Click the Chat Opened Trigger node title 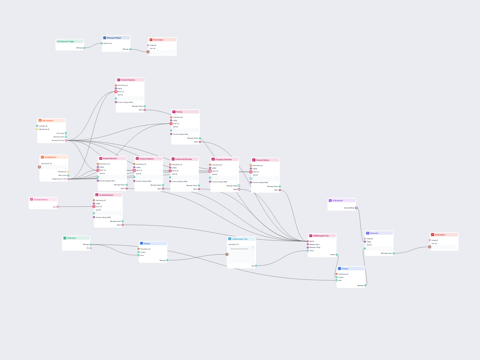pyautogui.click(x=66, y=41)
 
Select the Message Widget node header pyautogui.click(x=114, y=38)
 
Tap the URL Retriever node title pyautogui.click(x=48, y=121)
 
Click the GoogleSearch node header pyautogui.click(x=50, y=157)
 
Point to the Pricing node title pyautogui.click(x=179, y=112)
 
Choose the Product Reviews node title pyautogui.click(x=110, y=158)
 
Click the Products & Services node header pyautogui.click(x=184, y=159)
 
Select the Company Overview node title pyautogui.click(x=223, y=159)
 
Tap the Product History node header pyautogui.click(x=262, y=160)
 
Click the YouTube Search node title pyautogui.click(x=40, y=200)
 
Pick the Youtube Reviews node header pyautogui.click(x=106, y=195)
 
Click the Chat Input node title pyautogui.click(x=71, y=238)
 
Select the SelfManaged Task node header pyautogui.click(x=240, y=239)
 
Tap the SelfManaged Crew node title pyautogui.click(x=321, y=236)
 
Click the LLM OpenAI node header pyautogui.click(x=337, y=201)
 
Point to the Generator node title pyautogui.click(x=374, y=233)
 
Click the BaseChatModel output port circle pyautogui.click(x=356, y=208)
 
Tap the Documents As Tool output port pyautogui.click(x=66, y=141)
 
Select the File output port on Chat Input pyautogui.click(x=91, y=248)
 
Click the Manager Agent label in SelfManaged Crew pyautogui.click(x=314, y=244)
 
